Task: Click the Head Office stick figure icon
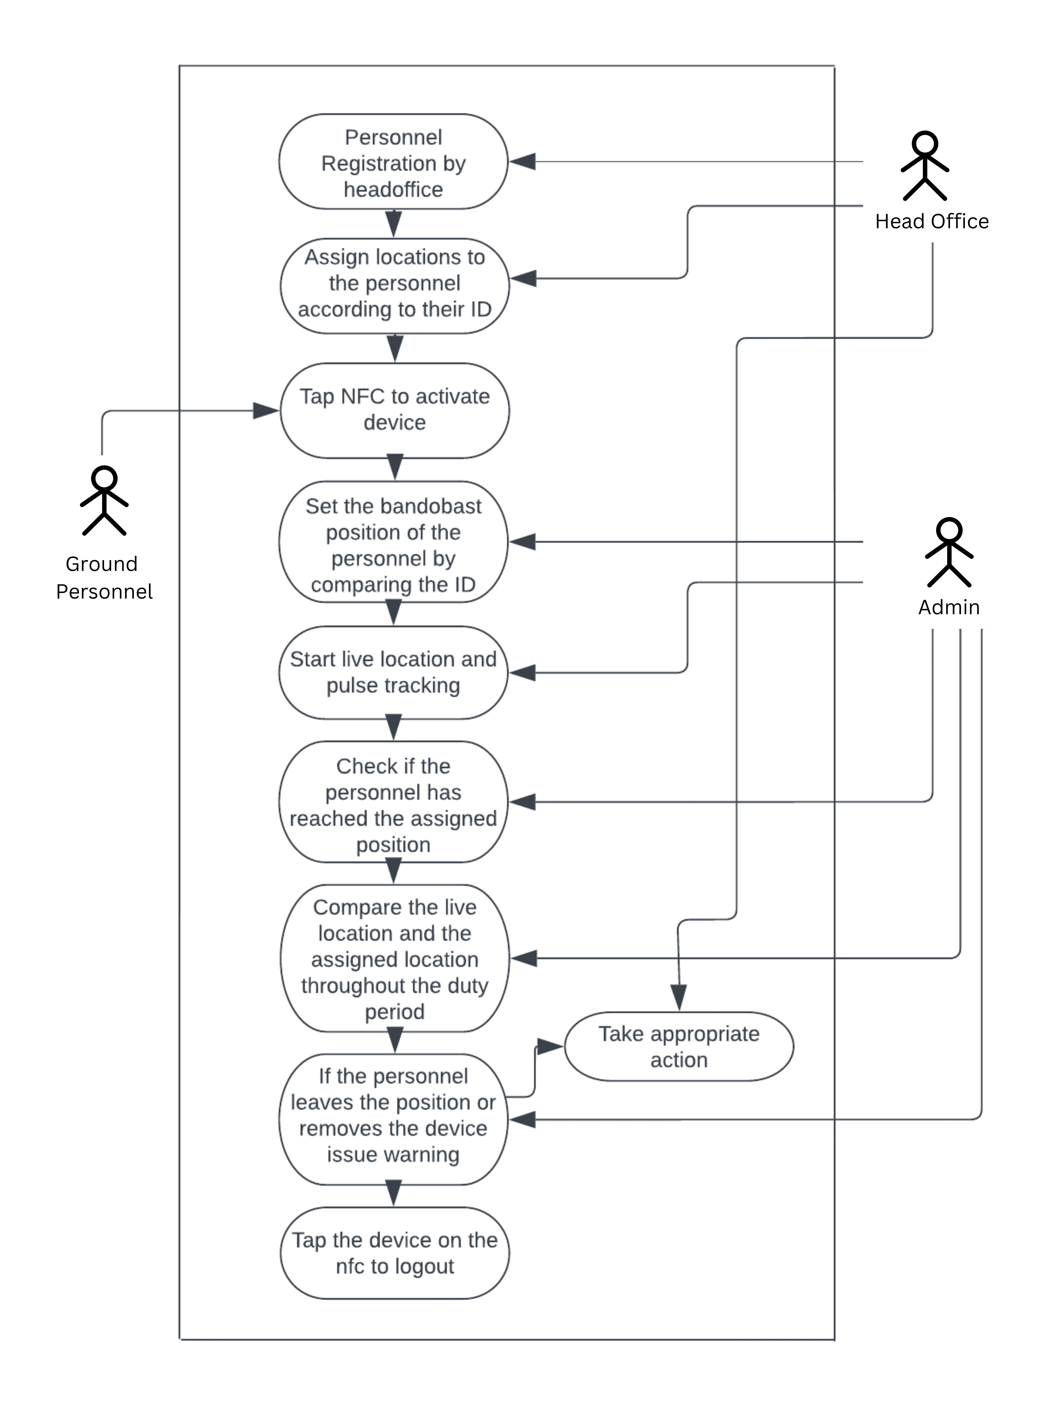point(925,166)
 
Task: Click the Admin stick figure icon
point(949,552)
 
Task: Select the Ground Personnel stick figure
point(104,501)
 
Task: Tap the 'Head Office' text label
point(932,221)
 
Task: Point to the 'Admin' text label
point(949,607)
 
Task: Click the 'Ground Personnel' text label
point(104,578)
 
